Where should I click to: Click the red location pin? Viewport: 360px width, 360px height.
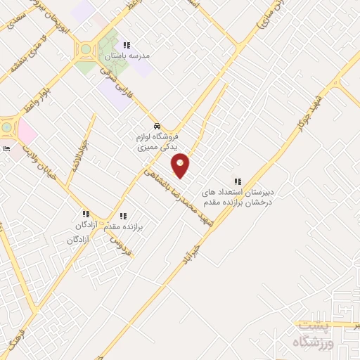tap(181, 165)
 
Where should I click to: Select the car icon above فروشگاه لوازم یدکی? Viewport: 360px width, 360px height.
tap(157, 127)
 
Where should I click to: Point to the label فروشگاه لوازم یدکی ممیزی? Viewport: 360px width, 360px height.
tap(157, 142)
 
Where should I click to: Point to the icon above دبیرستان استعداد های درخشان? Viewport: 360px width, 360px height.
tap(237, 181)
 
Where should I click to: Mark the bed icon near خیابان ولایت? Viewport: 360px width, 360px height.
tap(6, 149)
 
